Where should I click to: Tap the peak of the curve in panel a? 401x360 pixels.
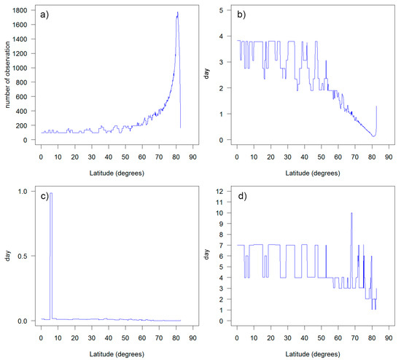(177, 12)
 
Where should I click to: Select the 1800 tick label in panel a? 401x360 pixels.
(20, 11)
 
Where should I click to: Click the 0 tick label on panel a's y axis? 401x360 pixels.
(26, 140)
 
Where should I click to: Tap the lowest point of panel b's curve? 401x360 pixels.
(373, 136)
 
